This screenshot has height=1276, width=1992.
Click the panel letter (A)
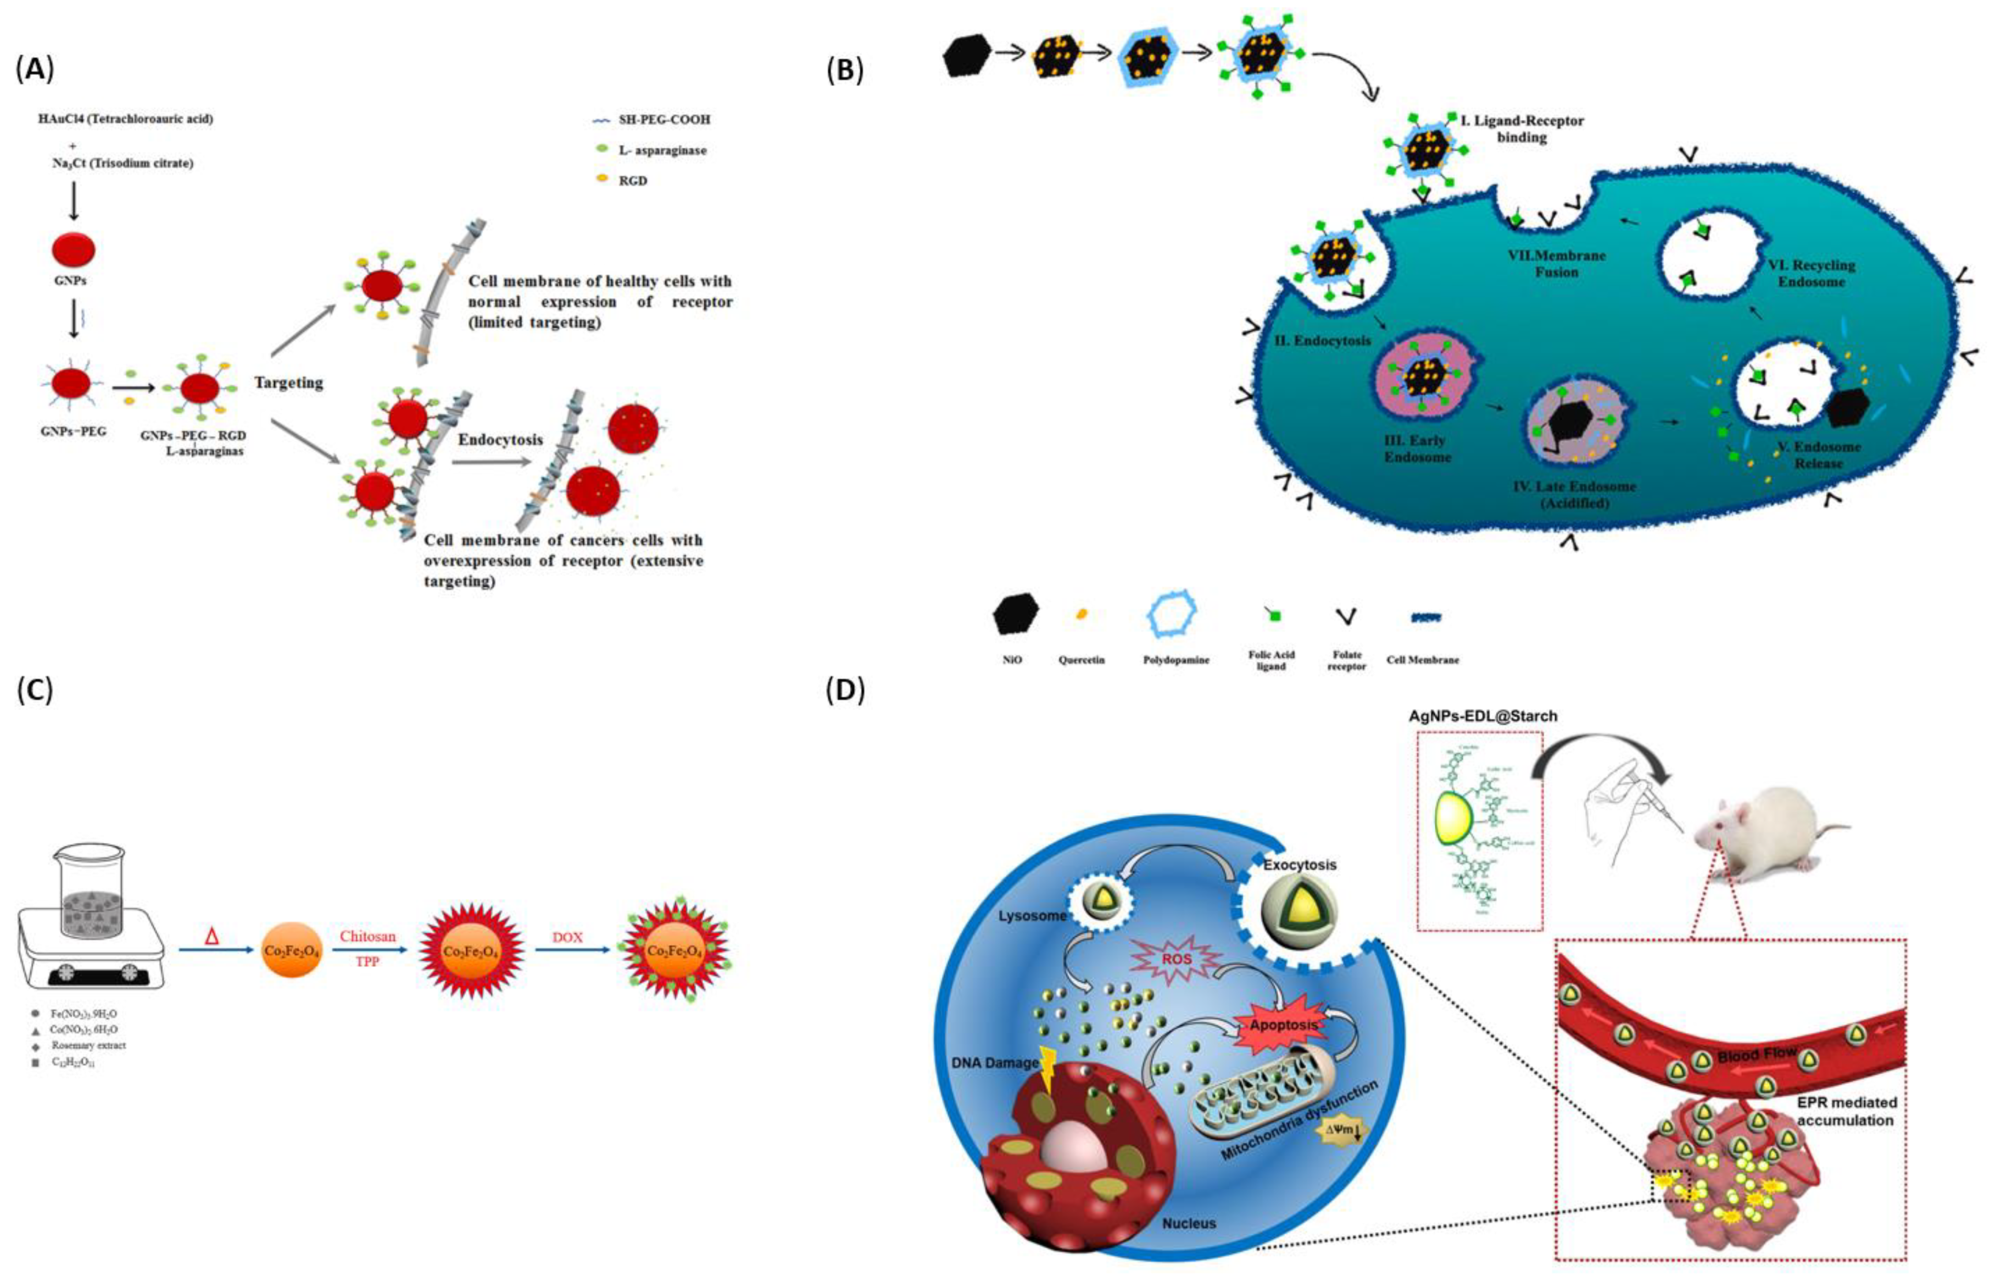35,70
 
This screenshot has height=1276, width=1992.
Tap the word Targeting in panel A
288,383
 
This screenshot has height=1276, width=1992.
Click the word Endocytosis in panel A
500,440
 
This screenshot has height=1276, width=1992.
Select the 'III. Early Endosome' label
1417,448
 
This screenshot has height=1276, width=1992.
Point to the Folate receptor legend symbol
1346,617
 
